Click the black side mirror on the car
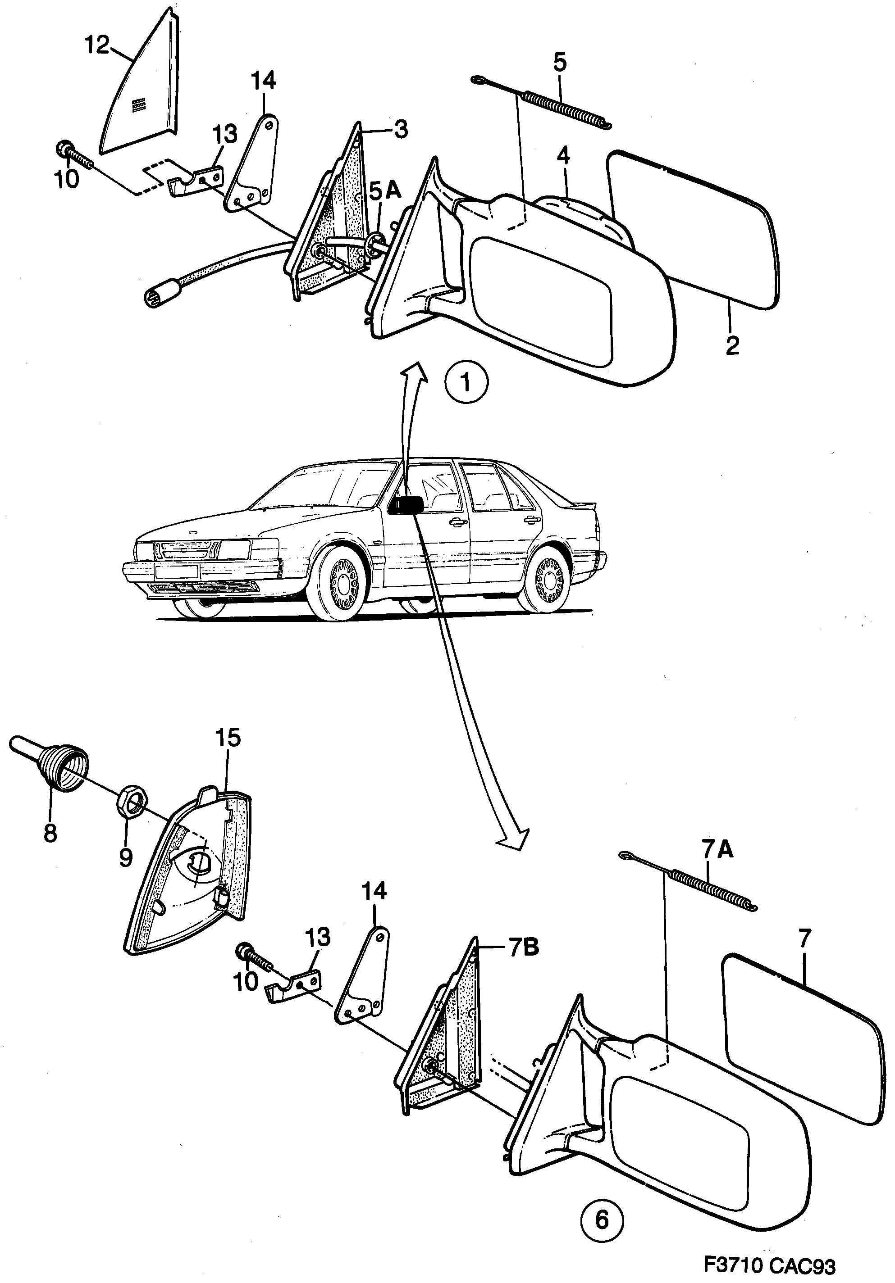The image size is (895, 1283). click(406, 504)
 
